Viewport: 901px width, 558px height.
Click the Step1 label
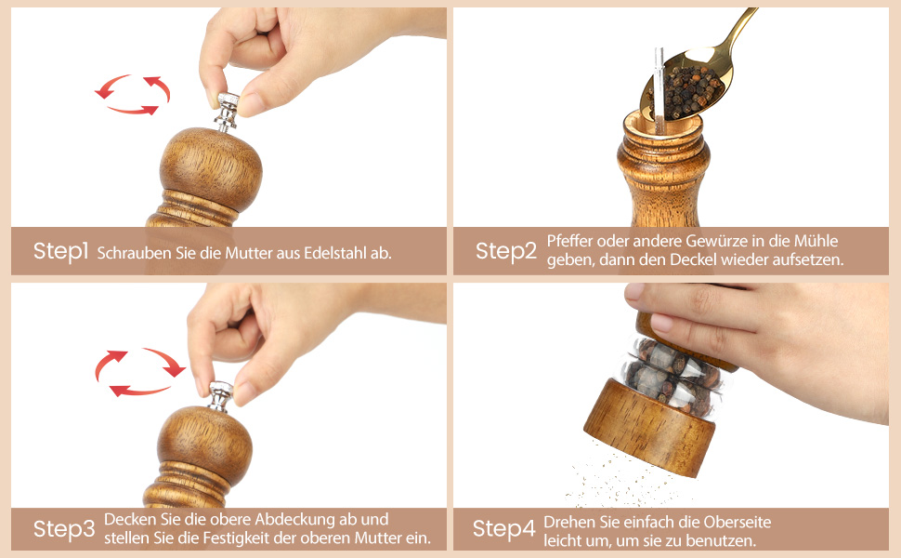pyautogui.click(x=60, y=251)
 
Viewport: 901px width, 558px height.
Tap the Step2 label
pyautogui.click(x=505, y=251)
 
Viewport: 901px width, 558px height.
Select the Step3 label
pyautogui.click(x=64, y=529)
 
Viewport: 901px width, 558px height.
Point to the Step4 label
pyautogui.click(x=504, y=528)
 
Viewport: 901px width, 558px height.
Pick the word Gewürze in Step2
pyautogui.click(x=715, y=241)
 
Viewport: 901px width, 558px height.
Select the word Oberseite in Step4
pyautogui.click(x=738, y=523)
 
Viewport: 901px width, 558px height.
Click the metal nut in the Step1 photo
pyautogui.click(x=227, y=110)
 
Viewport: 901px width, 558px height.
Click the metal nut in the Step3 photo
pyautogui.click(x=220, y=396)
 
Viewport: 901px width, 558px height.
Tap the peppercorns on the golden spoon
pyautogui.click(x=686, y=91)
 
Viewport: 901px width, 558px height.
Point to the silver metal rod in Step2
pyautogui.click(x=659, y=89)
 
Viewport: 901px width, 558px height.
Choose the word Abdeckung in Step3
pyautogui.click(x=292, y=520)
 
